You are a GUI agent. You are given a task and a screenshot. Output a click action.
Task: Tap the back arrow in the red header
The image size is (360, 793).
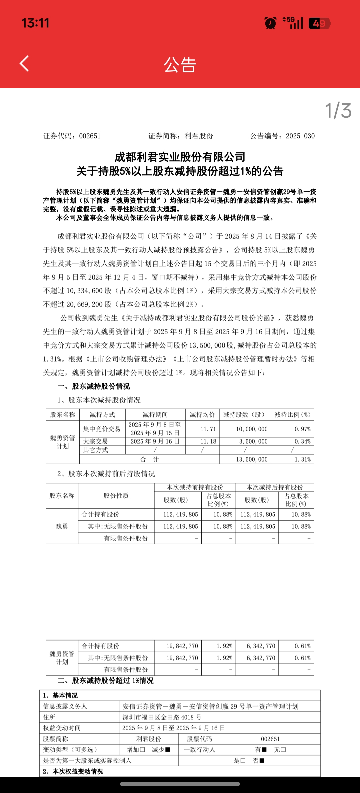click(x=24, y=63)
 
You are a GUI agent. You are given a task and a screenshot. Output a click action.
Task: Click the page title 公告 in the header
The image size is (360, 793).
click(x=180, y=65)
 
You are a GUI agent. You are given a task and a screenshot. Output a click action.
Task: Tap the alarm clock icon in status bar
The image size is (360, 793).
click(x=270, y=23)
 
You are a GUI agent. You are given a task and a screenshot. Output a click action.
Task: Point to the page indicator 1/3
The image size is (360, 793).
click(x=338, y=111)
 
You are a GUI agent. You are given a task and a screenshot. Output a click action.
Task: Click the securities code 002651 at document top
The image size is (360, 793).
click(x=90, y=136)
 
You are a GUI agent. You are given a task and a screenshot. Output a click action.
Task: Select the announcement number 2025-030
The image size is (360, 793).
click(x=300, y=136)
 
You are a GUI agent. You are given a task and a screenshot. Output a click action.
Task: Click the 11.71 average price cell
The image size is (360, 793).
click(x=208, y=429)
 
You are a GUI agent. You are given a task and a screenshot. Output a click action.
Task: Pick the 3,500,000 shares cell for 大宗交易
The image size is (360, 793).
click(x=253, y=442)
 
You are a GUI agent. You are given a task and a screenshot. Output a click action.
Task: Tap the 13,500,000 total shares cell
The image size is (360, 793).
click(x=252, y=460)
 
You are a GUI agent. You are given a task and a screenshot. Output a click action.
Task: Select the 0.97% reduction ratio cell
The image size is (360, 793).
click(x=302, y=429)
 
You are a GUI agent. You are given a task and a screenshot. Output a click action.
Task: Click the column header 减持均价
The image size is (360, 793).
click(x=202, y=415)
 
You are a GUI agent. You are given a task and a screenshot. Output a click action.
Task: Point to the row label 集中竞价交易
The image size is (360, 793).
click(x=102, y=429)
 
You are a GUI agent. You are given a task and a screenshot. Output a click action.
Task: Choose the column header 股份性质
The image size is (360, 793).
click(x=116, y=496)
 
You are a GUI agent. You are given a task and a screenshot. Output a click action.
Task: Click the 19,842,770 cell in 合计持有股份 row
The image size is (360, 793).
click(x=182, y=646)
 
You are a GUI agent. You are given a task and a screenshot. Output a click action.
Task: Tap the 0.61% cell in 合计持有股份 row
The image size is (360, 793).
click(x=302, y=646)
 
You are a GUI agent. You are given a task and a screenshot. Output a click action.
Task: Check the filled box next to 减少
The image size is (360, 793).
click(x=168, y=750)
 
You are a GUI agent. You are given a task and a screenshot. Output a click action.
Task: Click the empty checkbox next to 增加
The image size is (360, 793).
click(x=142, y=750)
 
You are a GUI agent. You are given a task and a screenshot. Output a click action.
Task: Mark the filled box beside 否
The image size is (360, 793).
click(x=262, y=761)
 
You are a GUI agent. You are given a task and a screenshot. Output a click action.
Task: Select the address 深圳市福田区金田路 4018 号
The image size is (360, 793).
click(x=162, y=717)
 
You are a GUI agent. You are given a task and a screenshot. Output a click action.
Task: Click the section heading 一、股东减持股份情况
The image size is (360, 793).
click(x=94, y=386)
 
